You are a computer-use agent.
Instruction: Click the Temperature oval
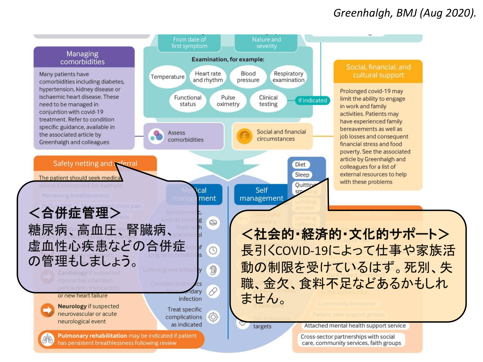tap(168, 77)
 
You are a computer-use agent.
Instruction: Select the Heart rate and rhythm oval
tap(208, 77)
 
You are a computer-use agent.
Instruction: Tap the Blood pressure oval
tap(248, 77)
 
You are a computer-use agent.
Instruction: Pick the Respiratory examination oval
tap(288, 77)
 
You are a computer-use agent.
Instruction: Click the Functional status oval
tap(188, 101)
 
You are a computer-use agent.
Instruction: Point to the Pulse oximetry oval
tap(228, 101)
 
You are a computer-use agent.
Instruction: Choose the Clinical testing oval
tap(268, 101)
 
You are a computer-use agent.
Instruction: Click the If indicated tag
tap(312, 101)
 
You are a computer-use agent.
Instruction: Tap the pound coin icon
tap(244, 136)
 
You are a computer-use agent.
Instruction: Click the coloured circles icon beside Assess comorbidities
tap(156, 136)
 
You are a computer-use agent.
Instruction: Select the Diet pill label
tap(300, 164)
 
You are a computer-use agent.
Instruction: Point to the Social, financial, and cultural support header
tap(378, 71)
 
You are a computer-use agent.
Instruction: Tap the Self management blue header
tap(261, 194)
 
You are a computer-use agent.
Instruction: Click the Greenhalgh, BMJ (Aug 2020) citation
tap(405, 13)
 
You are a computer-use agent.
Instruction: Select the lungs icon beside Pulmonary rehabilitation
tap(47, 339)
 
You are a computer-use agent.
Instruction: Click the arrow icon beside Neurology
tap(47, 311)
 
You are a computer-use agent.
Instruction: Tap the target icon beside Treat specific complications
tap(213, 317)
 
